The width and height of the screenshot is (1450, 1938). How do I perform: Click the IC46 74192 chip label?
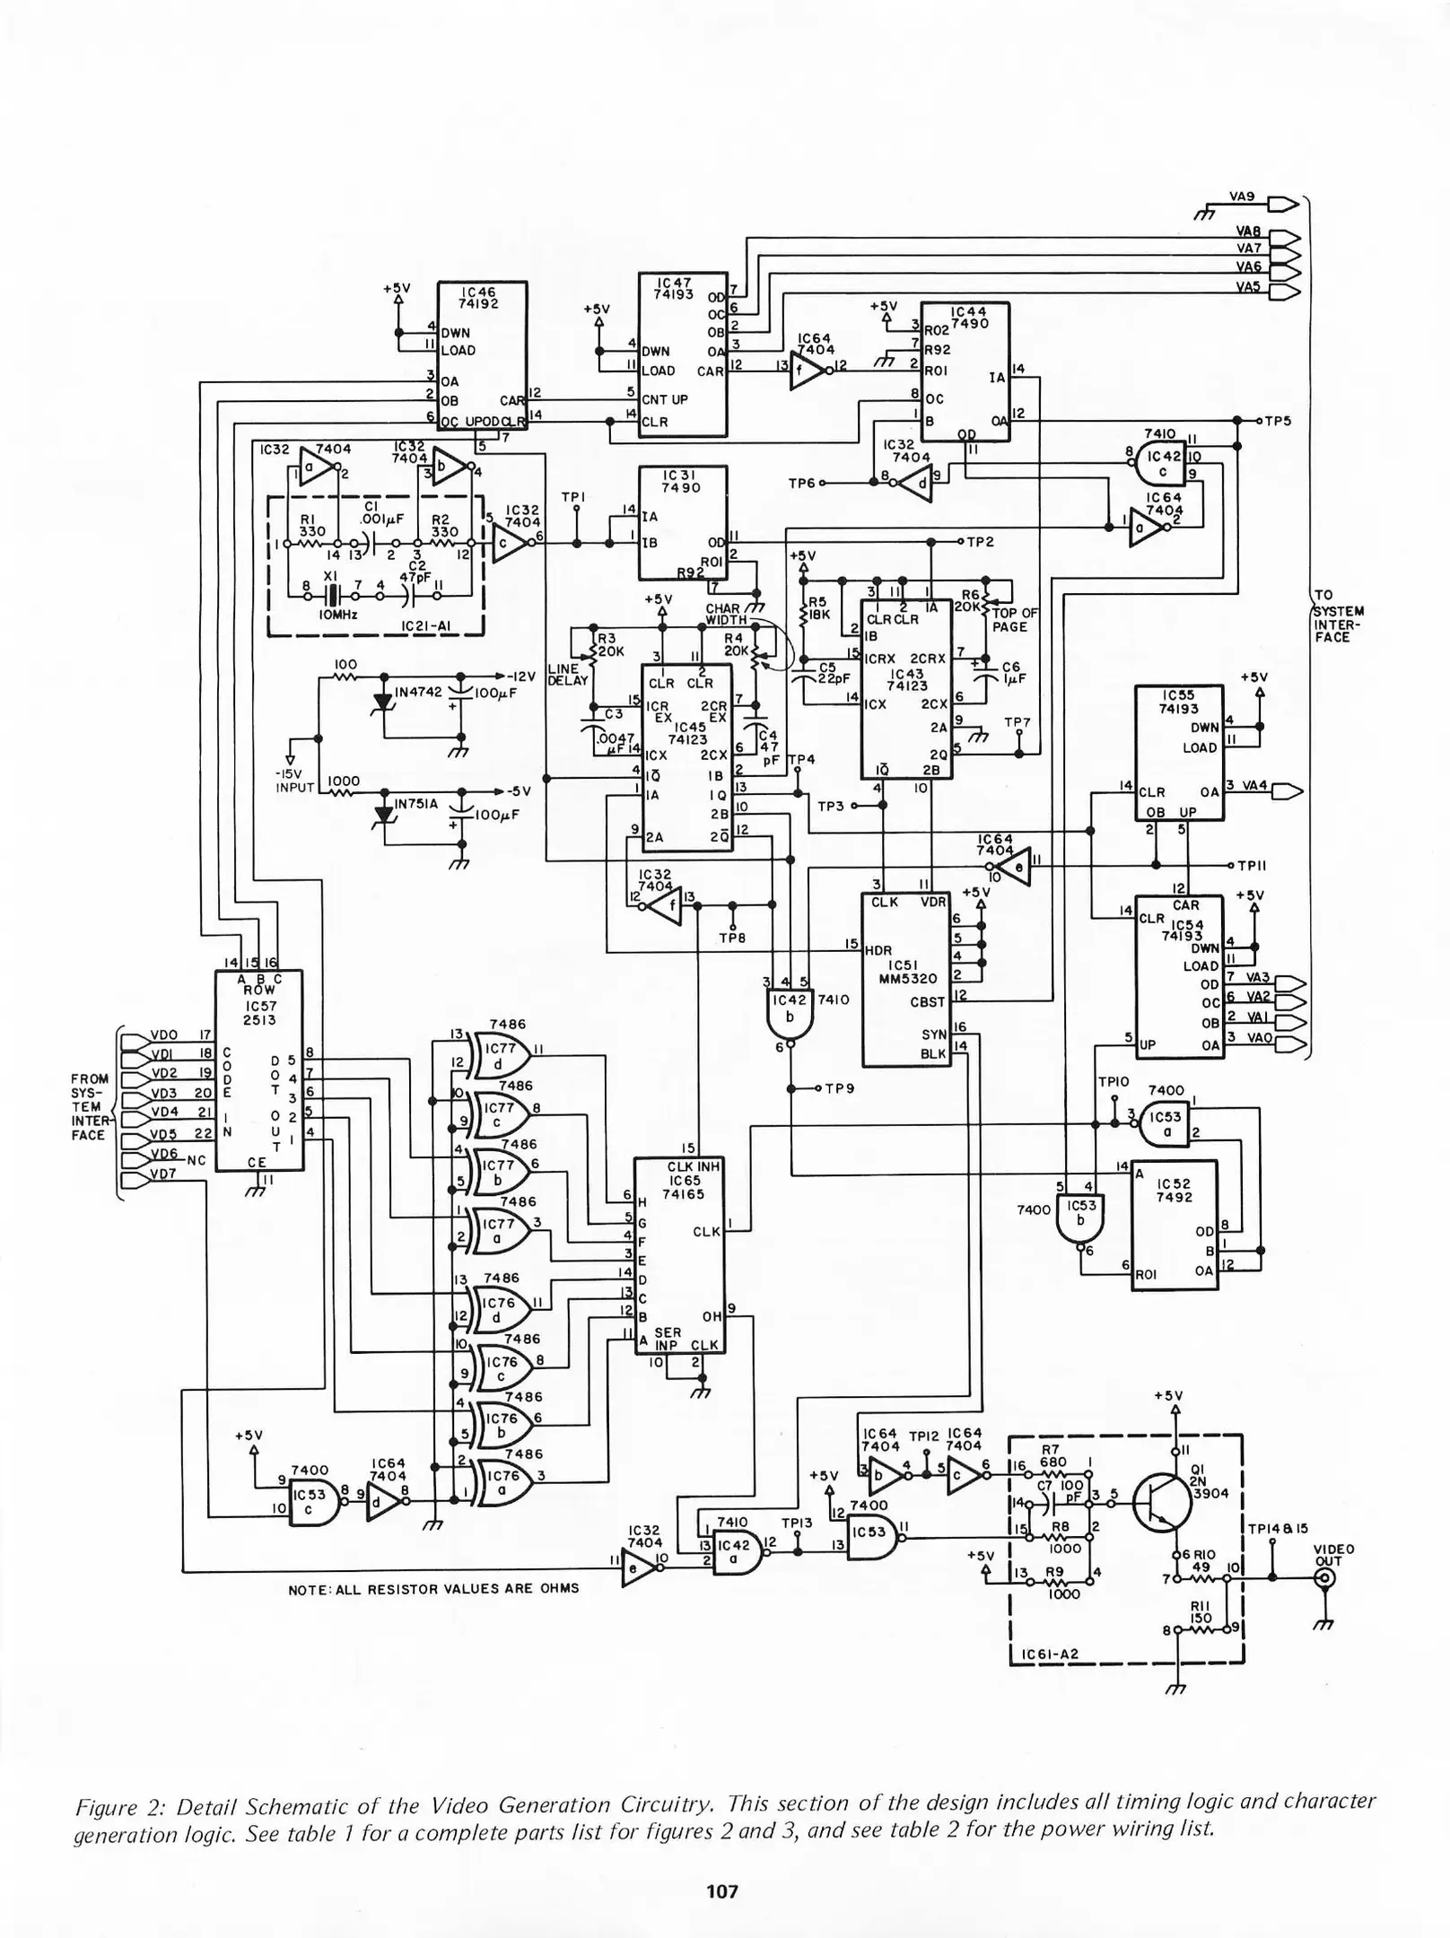click(480, 298)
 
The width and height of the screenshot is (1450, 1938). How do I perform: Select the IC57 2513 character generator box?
click(258, 1069)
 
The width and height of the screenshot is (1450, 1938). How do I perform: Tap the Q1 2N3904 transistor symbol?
click(1161, 1503)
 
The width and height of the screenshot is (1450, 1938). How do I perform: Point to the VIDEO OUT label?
click(1333, 1555)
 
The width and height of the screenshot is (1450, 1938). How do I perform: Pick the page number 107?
click(722, 1892)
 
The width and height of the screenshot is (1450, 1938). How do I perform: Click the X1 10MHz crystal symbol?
click(332, 595)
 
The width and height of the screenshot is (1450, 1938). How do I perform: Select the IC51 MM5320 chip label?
click(907, 973)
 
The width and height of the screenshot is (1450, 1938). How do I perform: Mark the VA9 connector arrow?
click(1284, 205)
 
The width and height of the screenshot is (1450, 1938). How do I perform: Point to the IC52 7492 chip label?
click(1174, 1190)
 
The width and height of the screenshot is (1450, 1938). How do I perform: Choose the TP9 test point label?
click(840, 1088)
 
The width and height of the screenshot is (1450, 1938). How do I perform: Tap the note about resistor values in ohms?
click(432, 1588)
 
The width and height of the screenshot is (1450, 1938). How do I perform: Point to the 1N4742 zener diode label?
click(419, 692)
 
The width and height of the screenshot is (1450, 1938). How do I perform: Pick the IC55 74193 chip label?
click(1178, 702)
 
